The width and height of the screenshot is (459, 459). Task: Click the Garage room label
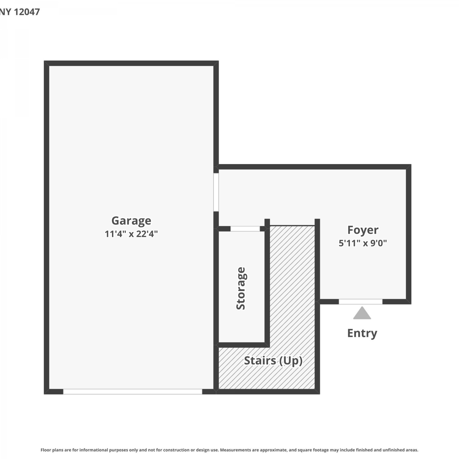coord(131,221)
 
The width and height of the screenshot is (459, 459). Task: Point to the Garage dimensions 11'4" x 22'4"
coord(131,234)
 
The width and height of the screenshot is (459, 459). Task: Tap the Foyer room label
coord(363,230)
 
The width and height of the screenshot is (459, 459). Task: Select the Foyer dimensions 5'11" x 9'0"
coord(363,243)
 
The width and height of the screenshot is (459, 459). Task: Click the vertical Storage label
coord(241,288)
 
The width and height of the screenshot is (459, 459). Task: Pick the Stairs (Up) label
coord(273,361)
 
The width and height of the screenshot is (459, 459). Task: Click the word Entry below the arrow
coord(362,333)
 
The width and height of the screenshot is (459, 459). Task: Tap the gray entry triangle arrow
coord(362,313)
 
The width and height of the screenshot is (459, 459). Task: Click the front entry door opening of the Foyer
coord(360,302)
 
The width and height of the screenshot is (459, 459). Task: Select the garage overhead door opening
coord(132,392)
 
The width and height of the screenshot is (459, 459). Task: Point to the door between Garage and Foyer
coord(216,192)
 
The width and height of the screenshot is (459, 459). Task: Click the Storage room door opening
coord(245,229)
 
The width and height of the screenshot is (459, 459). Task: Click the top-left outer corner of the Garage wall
coord(44,61)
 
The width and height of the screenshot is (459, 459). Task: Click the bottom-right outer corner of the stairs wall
coord(320,394)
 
